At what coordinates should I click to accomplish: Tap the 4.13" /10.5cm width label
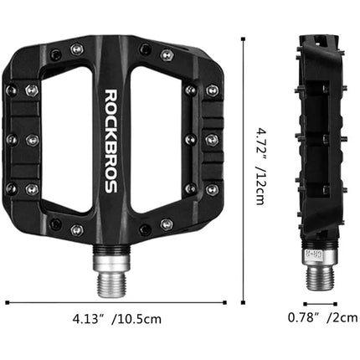point(121,319)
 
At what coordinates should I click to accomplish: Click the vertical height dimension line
point(244,167)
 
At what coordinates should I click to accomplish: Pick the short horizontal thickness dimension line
point(319,303)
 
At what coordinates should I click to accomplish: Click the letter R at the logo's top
point(111,94)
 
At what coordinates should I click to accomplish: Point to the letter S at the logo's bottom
point(111,187)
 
